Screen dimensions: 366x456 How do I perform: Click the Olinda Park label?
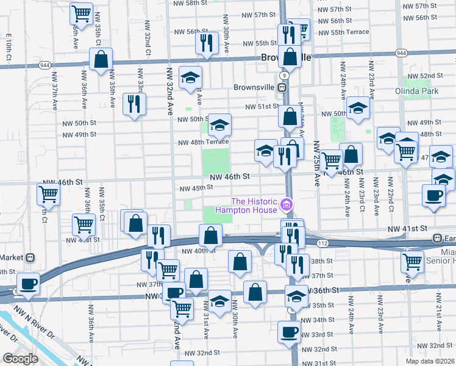coord(421,92)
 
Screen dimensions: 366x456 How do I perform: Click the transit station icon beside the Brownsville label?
coord(283,87)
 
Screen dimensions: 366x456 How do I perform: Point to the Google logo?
coord(20,359)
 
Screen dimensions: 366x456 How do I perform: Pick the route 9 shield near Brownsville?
coord(284,74)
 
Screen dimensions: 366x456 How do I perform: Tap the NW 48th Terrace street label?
coord(204,142)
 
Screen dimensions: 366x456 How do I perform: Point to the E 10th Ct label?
coord(9,46)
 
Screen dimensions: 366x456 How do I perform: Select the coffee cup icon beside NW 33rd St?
coord(289,332)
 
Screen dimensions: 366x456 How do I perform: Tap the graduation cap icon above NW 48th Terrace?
coord(218,126)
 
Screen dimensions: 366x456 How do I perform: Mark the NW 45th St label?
coord(193,188)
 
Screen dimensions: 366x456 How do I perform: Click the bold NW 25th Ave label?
coord(316,163)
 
